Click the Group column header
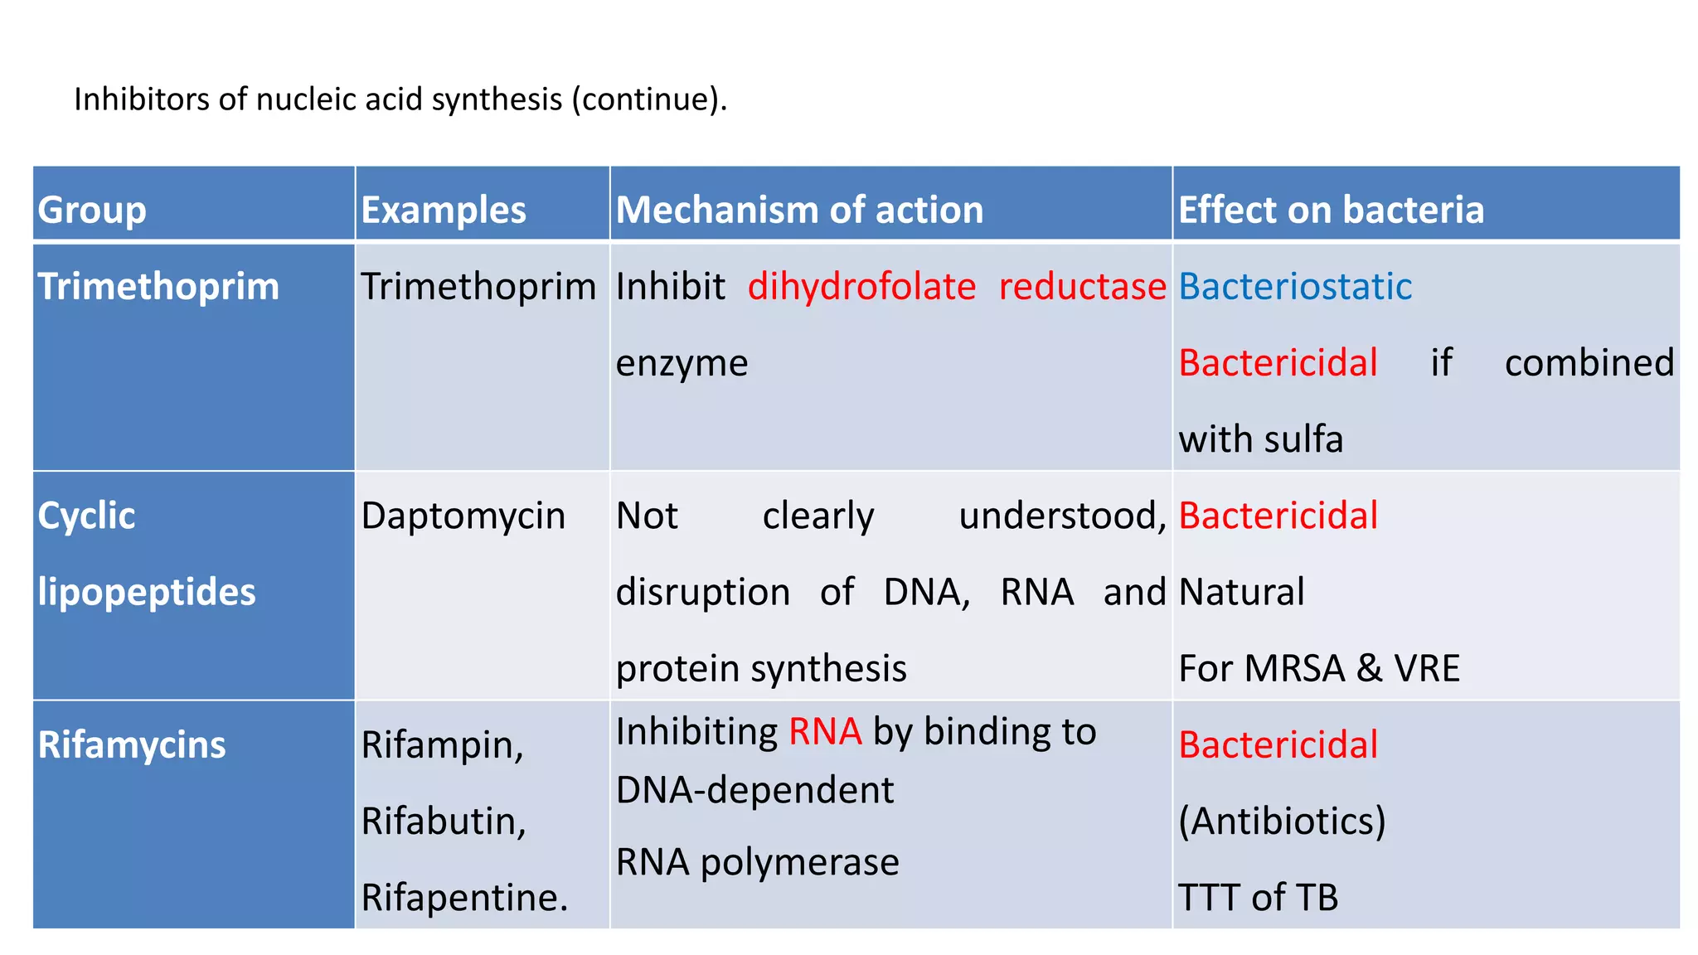[92, 210]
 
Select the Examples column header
[444, 210]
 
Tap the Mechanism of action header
[799, 210]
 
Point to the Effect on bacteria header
[1331, 210]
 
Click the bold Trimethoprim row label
[158, 287]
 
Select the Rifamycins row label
[132, 744]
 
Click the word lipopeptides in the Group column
[147, 592]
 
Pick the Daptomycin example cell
[463, 516]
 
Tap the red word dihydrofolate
[861, 287]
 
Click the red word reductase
[1082, 287]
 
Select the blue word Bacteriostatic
[1295, 287]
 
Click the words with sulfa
[1260, 439]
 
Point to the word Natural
[1241, 592]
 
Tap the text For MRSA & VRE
[1318, 668]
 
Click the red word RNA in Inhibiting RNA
[825, 732]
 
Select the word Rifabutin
[444, 821]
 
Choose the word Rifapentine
[464, 897]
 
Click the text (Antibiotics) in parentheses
[1282, 821]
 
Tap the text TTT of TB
[1258, 897]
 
